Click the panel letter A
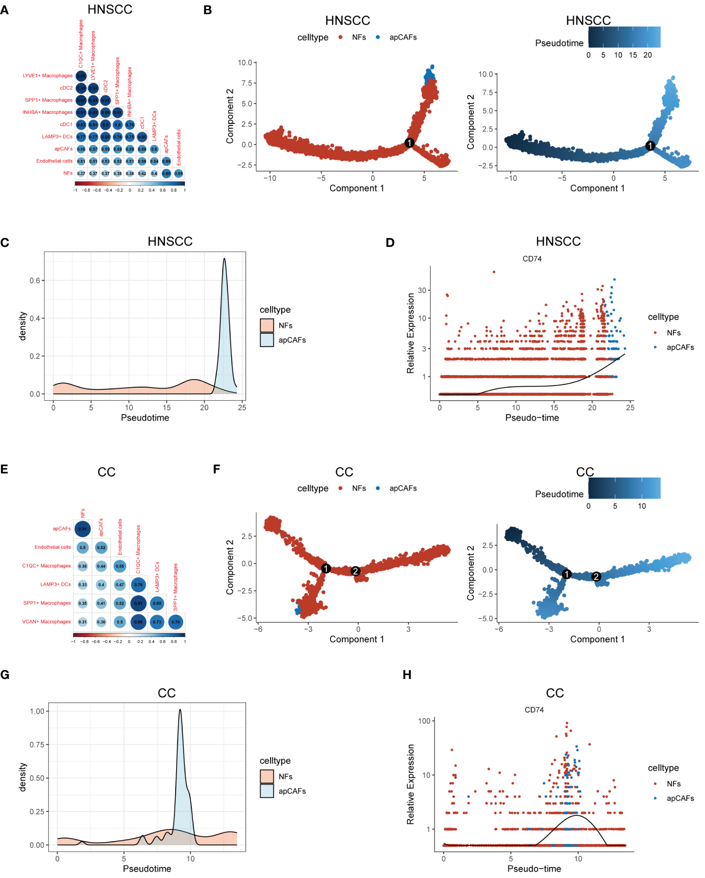[5, 10]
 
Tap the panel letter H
[407, 675]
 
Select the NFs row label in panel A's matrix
[68, 173]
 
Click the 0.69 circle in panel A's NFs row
[166, 174]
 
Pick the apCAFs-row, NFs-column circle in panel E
[82, 529]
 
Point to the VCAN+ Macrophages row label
[46, 622]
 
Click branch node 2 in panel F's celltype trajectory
[355, 571]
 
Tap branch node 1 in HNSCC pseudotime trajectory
[650, 146]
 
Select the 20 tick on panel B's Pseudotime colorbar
[647, 55]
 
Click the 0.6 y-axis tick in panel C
[35, 281]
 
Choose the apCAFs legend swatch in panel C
[267, 340]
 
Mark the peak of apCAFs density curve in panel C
[224, 259]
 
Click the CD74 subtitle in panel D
[532, 259]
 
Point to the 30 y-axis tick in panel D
[422, 290]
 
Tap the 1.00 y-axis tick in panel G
[37, 711]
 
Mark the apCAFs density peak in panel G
[180, 710]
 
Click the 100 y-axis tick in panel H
[424, 721]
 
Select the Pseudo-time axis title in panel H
[534, 869]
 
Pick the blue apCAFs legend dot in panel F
[378, 488]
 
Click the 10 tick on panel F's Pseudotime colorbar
[642, 506]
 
